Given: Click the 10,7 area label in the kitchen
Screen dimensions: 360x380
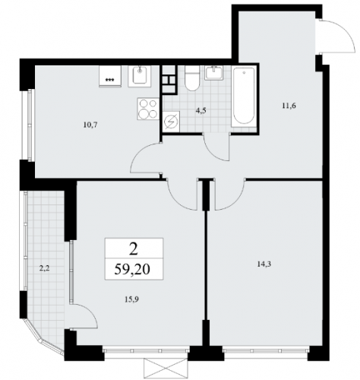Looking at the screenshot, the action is (90, 125).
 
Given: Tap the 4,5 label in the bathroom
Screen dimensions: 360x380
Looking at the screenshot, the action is (201, 110).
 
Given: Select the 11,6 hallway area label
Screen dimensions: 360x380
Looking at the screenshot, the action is (289, 106).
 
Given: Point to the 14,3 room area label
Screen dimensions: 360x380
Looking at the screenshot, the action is (264, 264).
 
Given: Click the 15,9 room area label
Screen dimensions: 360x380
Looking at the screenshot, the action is (132, 299).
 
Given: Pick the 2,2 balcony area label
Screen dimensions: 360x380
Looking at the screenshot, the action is (44, 269).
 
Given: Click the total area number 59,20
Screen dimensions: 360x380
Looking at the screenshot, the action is (132, 269).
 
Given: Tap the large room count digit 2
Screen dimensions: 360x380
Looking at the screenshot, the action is (133, 249).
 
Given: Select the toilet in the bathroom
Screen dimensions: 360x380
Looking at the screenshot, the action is (192, 78).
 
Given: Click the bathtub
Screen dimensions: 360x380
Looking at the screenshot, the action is (244, 96).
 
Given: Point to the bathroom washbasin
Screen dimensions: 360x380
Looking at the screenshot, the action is (214, 73).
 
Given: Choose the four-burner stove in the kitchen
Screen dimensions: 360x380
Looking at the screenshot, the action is (148, 109).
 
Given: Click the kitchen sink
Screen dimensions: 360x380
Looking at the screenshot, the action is (140, 76).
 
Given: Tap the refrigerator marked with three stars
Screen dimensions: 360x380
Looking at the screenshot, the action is (110, 76).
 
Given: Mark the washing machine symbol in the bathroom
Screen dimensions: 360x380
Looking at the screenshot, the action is (171, 122).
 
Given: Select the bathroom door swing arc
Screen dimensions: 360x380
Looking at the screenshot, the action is (214, 154).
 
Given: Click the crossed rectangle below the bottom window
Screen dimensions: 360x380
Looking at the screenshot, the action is (166, 369).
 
